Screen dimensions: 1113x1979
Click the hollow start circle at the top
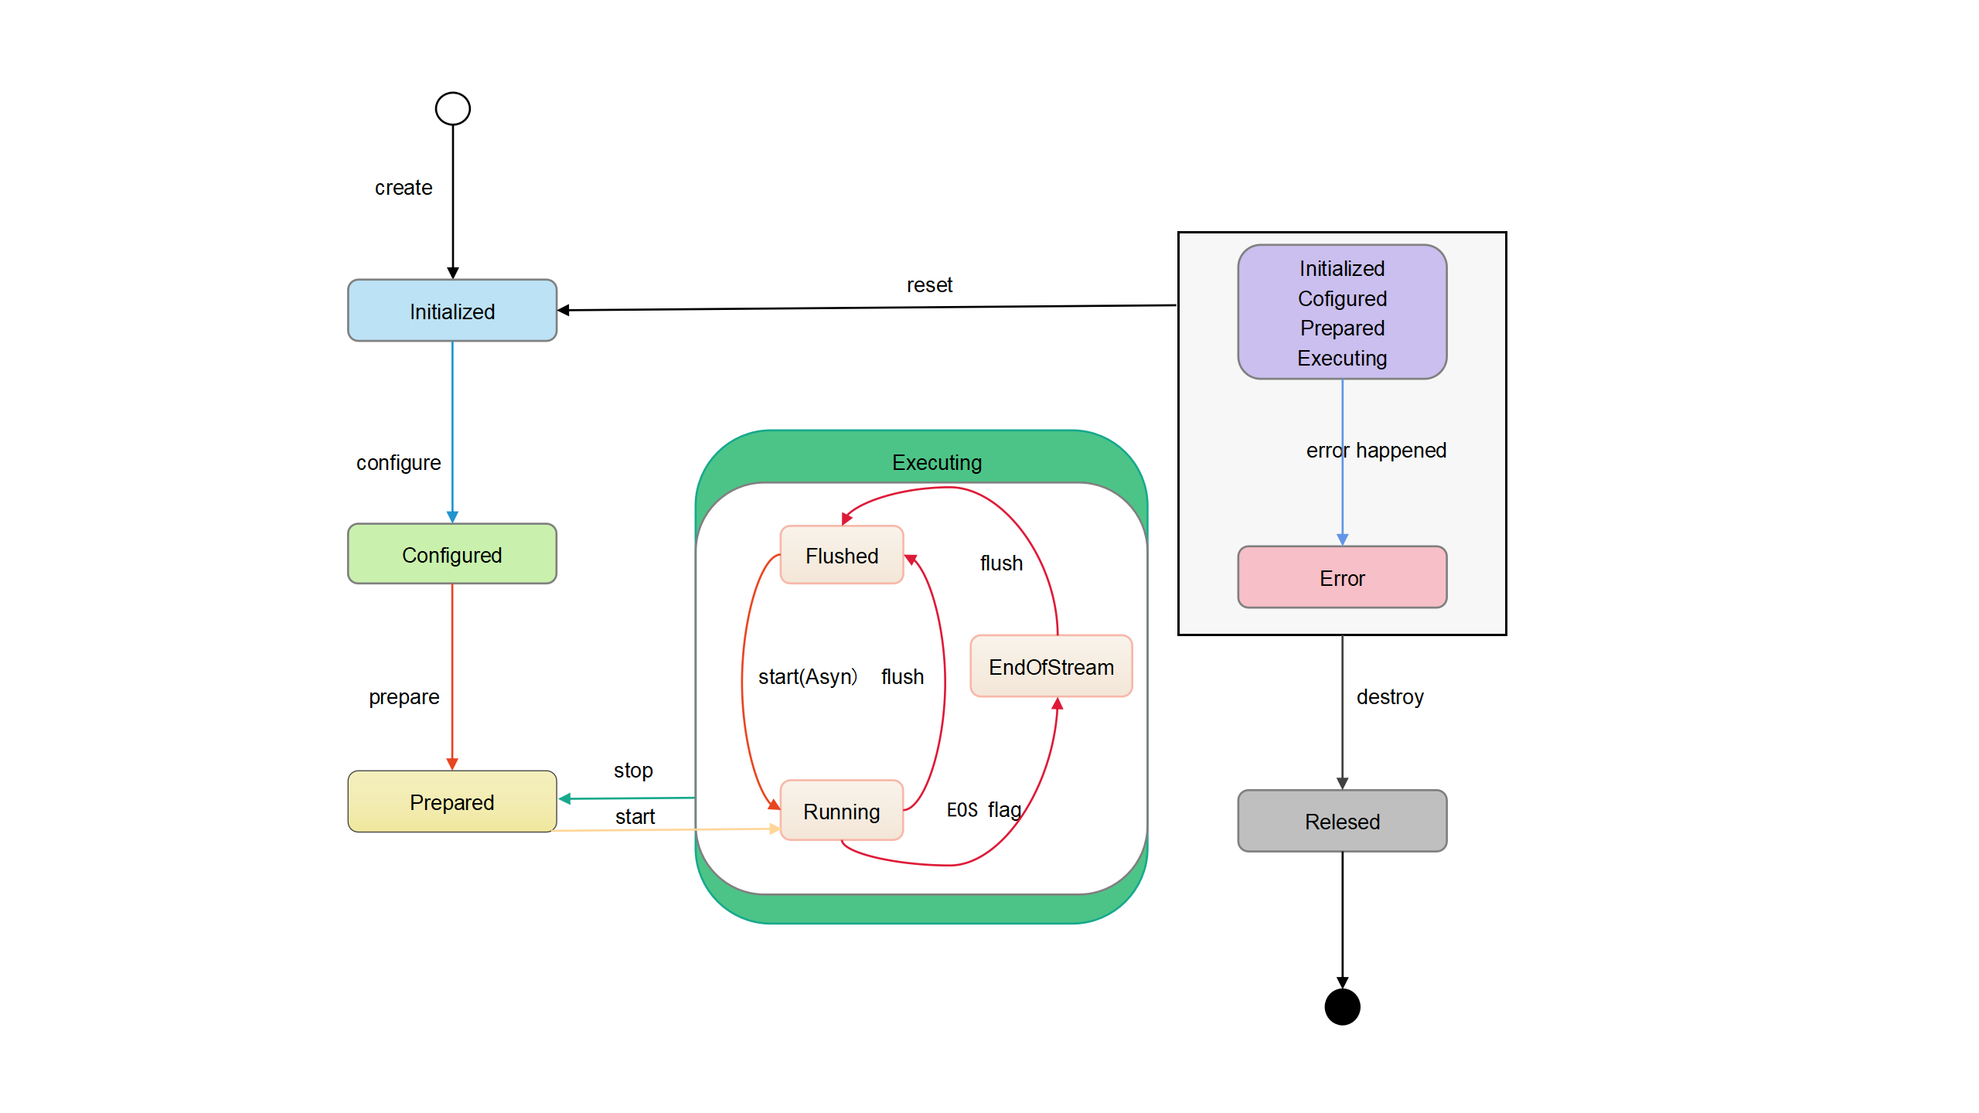click(452, 109)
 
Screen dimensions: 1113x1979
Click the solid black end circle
click(1342, 1006)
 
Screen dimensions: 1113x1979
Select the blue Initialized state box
click(452, 311)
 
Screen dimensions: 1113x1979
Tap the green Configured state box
click(452, 554)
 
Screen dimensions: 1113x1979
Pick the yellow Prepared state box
click(452, 802)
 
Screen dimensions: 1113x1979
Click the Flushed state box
click(842, 555)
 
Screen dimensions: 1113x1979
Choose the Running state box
click(842, 811)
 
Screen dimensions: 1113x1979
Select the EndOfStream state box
click(1051, 666)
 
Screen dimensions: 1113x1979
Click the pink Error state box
click(1342, 577)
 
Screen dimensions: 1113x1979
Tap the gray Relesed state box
click(1342, 821)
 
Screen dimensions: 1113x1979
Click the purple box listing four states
click(1342, 312)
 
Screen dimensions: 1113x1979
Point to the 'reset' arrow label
click(929, 285)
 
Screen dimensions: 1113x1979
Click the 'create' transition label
click(404, 188)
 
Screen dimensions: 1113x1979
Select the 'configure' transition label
click(398, 463)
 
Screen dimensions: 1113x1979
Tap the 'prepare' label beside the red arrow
click(404, 697)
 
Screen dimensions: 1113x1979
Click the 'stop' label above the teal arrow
click(633, 771)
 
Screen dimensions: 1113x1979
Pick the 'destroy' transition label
click(1390, 697)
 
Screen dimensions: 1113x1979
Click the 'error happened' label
click(1376, 451)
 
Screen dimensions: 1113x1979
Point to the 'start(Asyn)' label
click(807, 677)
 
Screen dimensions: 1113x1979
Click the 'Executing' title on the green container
click(937, 462)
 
